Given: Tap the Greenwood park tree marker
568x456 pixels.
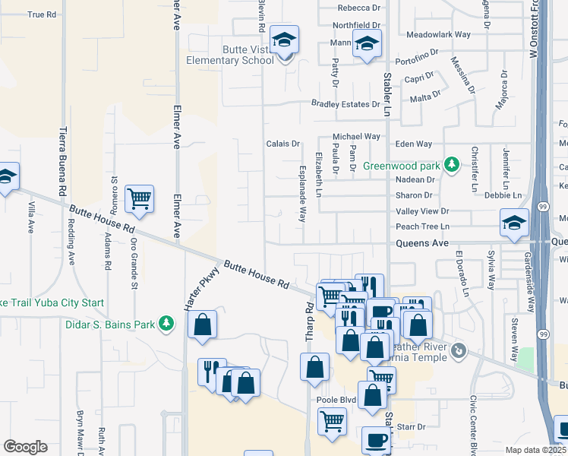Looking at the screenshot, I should coord(452,165).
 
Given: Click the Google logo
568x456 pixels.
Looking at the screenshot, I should coord(25,447).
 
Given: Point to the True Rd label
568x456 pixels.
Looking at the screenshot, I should coord(42,14).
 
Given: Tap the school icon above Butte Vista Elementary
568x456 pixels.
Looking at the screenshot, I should coord(285,40).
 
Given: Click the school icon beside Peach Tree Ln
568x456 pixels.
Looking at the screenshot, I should coord(514,223).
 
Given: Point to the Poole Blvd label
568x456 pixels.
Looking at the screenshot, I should coord(336,399).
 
